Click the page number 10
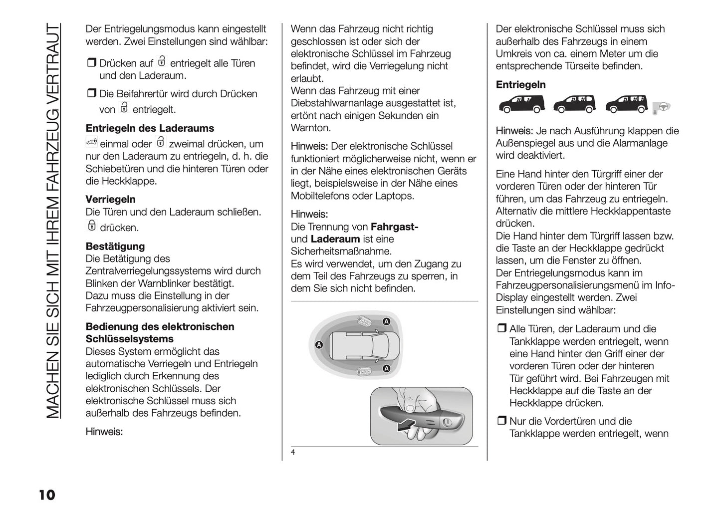coord(46,495)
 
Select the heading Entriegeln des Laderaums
coord(150,128)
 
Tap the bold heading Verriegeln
coord(110,200)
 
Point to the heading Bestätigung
coord(115,247)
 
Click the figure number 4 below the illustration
coord(293,453)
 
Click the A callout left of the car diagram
coord(319,345)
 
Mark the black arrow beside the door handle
coord(405,426)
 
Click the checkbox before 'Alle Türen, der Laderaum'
coord(501,329)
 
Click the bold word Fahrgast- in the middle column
coord(394,227)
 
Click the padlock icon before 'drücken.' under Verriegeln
coord(91,226)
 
